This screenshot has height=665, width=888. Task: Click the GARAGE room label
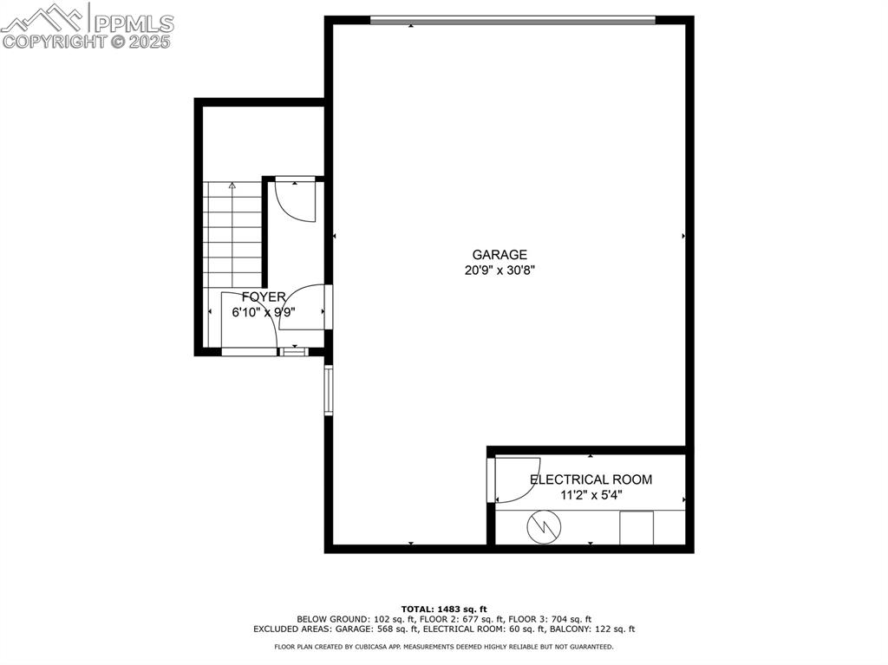[x=499, y=255]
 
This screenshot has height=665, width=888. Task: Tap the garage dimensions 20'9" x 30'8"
[x=499, y=270]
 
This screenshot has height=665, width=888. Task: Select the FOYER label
[x=264, y=297]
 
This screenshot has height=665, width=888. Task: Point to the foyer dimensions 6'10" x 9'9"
[x=264, y=312]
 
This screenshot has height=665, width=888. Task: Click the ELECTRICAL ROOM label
[x=591, y=479]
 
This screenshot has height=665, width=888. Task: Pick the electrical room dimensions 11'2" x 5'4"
[x=591, y=495]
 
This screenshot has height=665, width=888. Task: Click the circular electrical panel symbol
[x=544, y=526]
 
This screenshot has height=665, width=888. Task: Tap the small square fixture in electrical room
[x=637, y=527]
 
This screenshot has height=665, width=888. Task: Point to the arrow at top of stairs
[x=232, y=186]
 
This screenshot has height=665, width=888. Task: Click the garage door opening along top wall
[x=512, y=20]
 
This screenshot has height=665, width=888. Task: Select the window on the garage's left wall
[x=329, y=390]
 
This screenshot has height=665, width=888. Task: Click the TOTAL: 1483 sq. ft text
[x=444, y=608]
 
